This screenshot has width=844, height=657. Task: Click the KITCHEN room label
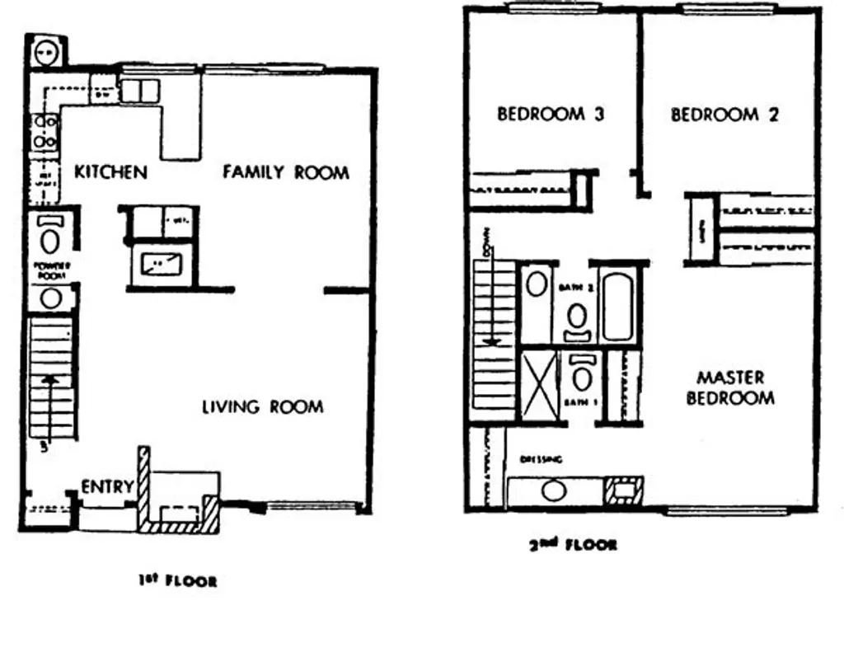pos(110,172)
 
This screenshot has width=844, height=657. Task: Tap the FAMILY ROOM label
pos(285,172)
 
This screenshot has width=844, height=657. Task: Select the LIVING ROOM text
pos(262,406)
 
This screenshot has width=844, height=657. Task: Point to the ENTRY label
pos(107,487)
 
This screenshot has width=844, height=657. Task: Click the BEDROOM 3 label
pos(550,115)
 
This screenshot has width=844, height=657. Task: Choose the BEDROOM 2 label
pos(724,115)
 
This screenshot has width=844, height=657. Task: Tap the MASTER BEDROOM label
pos(730,387)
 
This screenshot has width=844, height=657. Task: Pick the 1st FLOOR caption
pos(178,581)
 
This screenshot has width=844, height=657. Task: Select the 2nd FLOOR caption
pos(573,545)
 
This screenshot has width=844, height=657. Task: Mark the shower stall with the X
pos(538,386)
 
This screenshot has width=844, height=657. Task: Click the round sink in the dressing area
pos(551,490)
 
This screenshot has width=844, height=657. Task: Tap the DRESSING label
pos(540,459)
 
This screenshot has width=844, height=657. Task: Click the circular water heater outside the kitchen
pos(45,53)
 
